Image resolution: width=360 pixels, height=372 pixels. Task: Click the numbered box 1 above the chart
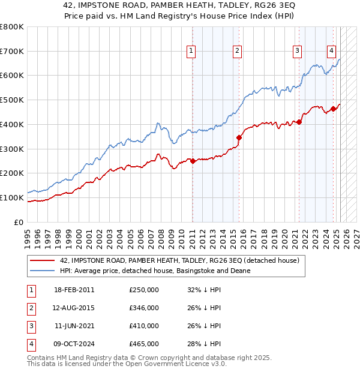click(191, 52)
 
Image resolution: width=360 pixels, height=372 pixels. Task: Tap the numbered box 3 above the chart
click(297, 52)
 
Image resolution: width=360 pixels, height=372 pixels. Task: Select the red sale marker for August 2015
click(239, 137)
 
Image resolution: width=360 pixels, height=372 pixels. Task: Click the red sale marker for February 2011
click(193, 161)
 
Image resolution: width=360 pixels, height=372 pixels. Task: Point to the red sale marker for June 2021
click(299, 122)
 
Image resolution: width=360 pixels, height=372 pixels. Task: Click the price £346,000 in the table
click(144, 308)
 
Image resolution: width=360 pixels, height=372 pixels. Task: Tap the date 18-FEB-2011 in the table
click(74, 290)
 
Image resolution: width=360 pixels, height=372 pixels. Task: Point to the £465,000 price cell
click(144, 344)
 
